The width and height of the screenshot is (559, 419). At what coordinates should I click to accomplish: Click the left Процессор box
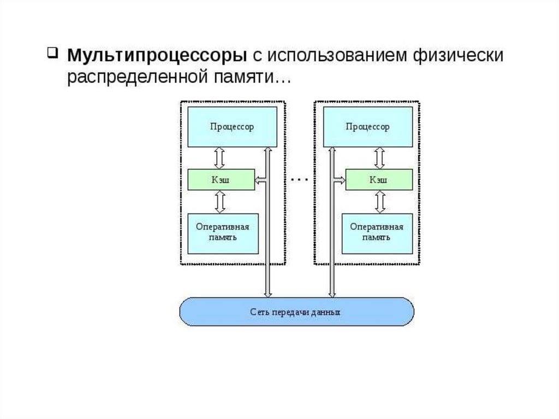[x=233, y=127]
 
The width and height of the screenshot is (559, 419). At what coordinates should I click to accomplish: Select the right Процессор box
[x=368, y=127]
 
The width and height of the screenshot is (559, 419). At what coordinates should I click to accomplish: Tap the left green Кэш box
[x=222, y=180]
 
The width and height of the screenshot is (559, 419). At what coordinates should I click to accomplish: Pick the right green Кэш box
[x=379, y=180]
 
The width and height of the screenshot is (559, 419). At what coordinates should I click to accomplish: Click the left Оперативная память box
[x=223, y=234]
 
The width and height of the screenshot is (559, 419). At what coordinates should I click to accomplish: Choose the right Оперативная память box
[x=377, y=234]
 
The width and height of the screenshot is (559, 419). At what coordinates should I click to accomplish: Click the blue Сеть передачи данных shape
[x=296, y=311]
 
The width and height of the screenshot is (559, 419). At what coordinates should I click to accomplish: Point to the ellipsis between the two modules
[x=300, y=179]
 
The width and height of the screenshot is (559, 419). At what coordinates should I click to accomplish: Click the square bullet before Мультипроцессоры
[x=52, y=53]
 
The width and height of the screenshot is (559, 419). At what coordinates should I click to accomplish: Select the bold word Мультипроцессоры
[x=157, y=56]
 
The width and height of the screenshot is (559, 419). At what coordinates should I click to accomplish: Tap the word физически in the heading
[x=458, y=56]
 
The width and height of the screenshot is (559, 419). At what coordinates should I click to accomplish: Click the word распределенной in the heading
[x=138, y=78]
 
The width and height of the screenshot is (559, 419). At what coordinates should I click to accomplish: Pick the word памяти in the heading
[x=243, y=78]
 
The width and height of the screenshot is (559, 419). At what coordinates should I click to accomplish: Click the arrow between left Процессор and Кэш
[x=219, y=158]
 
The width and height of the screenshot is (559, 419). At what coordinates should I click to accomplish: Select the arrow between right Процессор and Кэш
[x=380, y=158]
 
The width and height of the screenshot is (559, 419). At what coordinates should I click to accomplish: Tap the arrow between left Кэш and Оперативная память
[x=221, y=202]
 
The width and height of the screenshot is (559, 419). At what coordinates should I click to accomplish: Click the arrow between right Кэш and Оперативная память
[x=380, y=202]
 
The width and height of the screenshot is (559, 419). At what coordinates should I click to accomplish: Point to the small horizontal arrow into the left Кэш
[x=260, y=180]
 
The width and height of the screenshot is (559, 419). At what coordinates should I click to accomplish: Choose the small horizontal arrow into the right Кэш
[x=340, y=180]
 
